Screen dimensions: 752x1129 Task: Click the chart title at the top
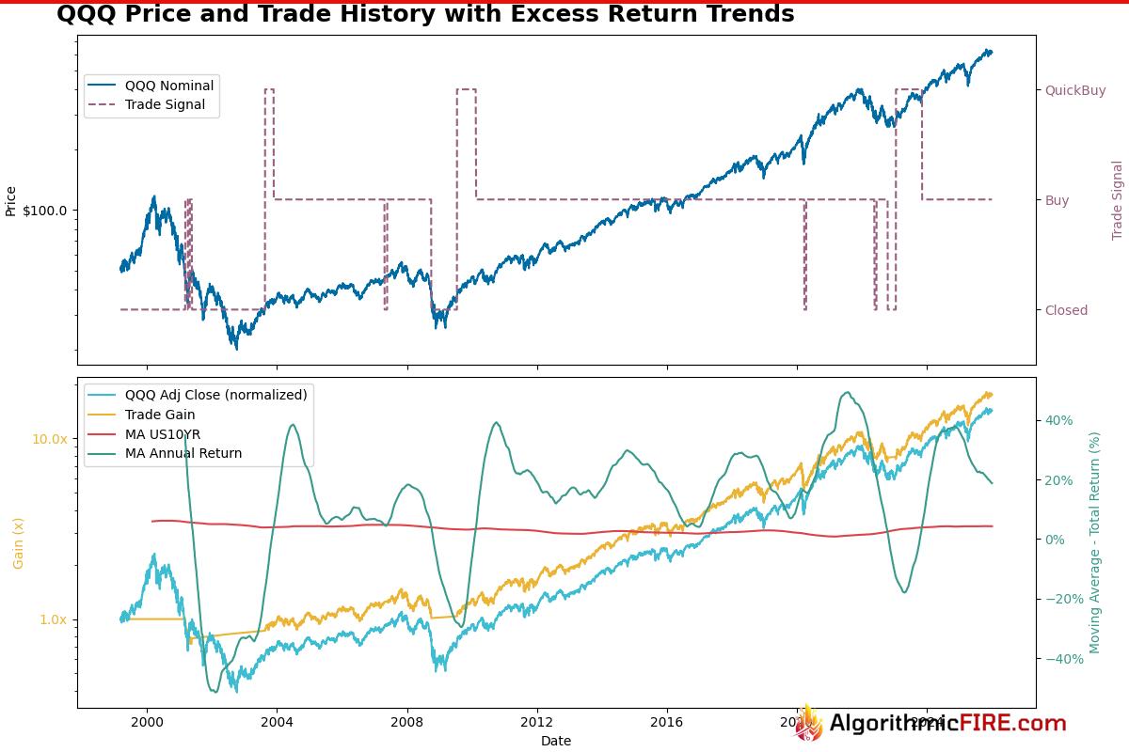pyautogui.click(x=425, y=14)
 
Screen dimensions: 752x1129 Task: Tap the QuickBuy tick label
pyautogui.click(x=1075, y=90)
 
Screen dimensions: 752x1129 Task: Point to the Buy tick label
pyautogui.click(x=1057, y=200)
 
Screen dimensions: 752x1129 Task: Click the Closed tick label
pyautogui.click(x=1066, y=310)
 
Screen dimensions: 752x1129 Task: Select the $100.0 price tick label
pyautogui.click(x=44, y=211)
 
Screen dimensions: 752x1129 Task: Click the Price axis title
pyautogui.click(x=11, y=201)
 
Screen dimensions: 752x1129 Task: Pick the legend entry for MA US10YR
pyautogui.click(x=163, y=433)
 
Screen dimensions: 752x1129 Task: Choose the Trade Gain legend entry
pyautogui.click(x=160, y=415)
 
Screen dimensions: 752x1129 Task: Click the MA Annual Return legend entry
pyautogui.click(x=183, y=453)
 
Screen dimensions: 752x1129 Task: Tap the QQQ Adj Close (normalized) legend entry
pyautogui.click(x=215, y=395)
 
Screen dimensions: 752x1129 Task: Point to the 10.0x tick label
pyautogui.click(x=50, y=439)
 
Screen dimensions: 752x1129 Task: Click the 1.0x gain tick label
pyautogui.click(x=53, y=619)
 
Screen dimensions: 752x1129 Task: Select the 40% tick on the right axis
pyautogui.click(x=1059, y=420)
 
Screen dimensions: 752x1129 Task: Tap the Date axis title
pyautogui.click(x=555, y=741)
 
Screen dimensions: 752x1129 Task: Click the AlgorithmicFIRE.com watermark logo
pyautogui.click(x=931, y=723)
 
